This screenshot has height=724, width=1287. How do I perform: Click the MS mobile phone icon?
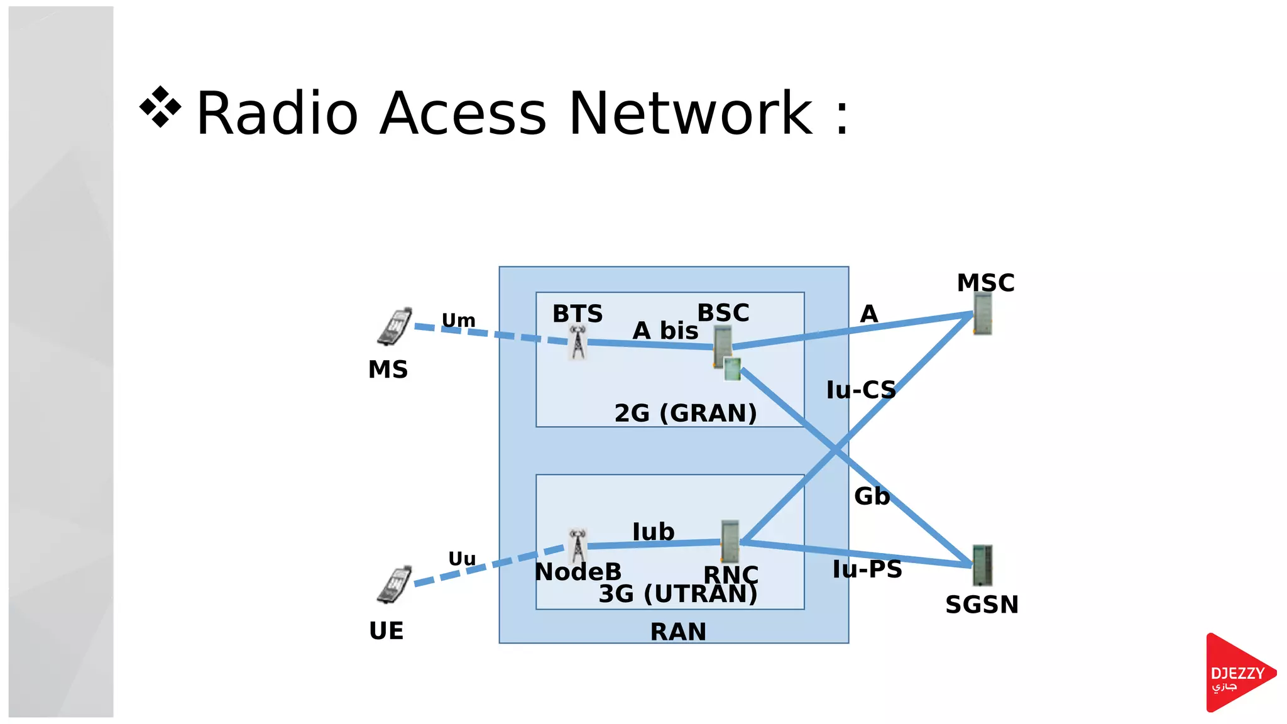coord(395,327)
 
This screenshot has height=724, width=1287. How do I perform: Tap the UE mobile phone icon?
coord(395,585)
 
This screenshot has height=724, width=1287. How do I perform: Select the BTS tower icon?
coord(578,343)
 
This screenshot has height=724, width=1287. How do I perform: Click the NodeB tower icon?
coord(578,546)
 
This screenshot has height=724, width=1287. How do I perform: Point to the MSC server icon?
coord(982,314)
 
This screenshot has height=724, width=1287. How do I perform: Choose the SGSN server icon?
coord(982,565)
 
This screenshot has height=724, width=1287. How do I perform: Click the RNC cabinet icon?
coord(730,540)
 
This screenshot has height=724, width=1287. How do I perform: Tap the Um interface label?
coord(458,321)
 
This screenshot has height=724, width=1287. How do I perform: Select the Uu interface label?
coord(462,559)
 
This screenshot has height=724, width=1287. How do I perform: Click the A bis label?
coord(665,331)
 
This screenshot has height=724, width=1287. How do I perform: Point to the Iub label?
coord(653,532)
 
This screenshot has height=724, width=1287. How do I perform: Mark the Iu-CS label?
coord(860,390)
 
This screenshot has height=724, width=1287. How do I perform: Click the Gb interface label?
coord(872,496)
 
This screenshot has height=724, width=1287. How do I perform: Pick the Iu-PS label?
coord(867,569)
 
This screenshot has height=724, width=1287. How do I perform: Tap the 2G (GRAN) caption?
coord(685,413)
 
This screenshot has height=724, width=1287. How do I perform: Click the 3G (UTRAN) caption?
coord(677,594)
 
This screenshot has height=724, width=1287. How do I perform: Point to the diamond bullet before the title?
coord(160,107)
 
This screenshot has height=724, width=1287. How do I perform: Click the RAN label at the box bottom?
coord(678,632)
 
